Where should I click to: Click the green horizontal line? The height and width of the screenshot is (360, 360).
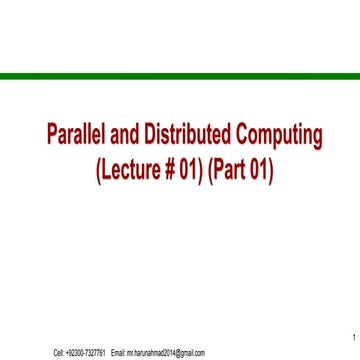click(180, 76)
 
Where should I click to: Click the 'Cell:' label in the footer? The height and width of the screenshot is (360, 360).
click(59, 353)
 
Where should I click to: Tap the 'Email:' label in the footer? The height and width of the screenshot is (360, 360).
click(118, 353)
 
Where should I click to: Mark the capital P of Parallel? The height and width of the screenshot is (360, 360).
click(54, 135)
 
